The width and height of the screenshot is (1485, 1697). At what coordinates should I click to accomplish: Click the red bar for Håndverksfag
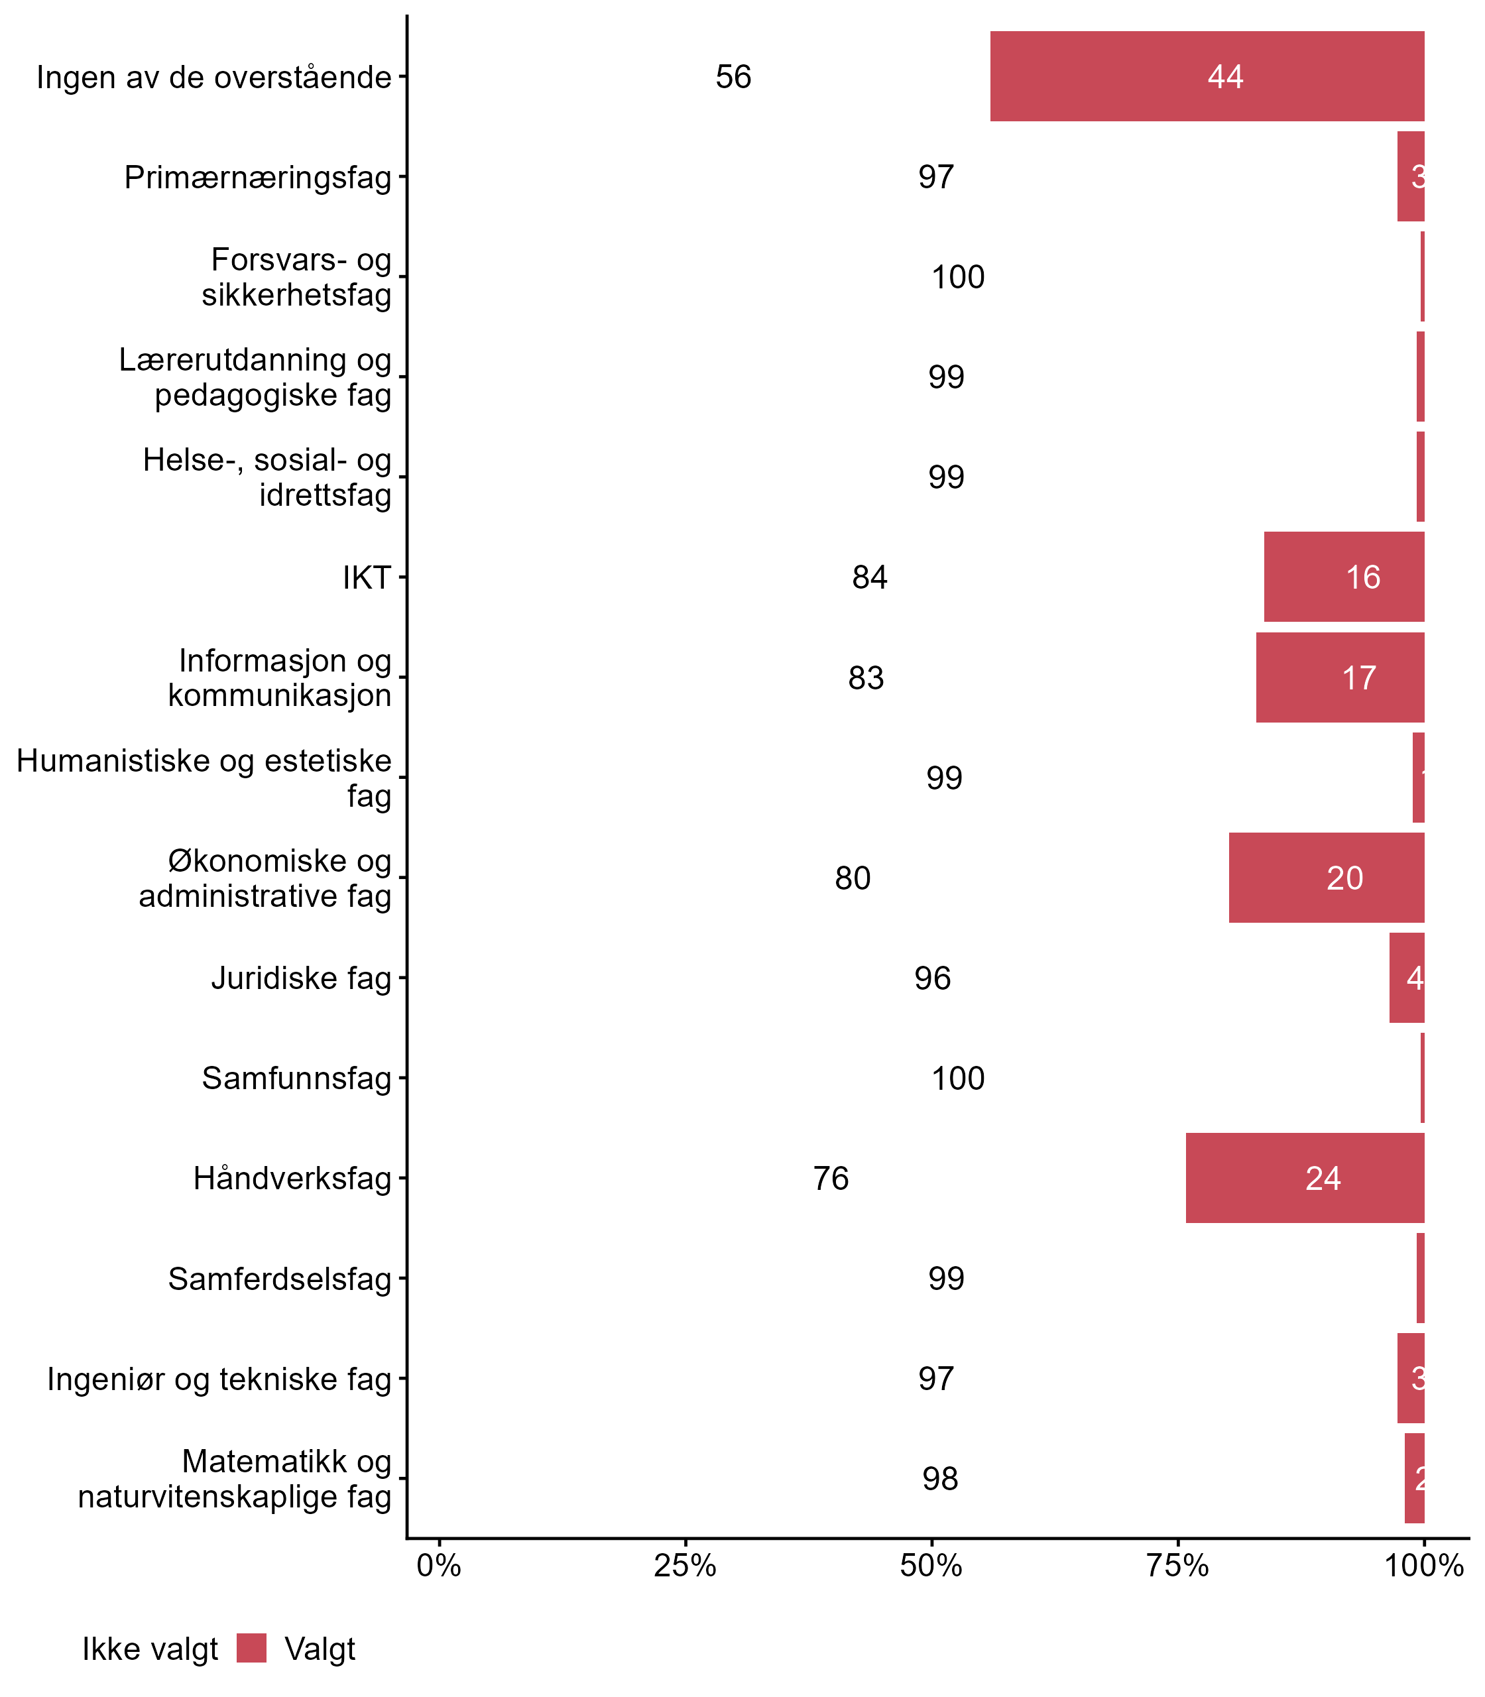coord(1305,1177)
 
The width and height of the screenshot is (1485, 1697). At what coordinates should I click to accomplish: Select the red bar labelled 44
coord(1207,76)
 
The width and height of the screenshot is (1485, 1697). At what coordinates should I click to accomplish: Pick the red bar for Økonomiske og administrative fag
coord(1326,878)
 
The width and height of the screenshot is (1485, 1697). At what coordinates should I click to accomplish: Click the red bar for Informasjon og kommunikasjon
coord(1339,677)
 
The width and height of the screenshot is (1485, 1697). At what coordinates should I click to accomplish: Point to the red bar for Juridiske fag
coord(1406,978)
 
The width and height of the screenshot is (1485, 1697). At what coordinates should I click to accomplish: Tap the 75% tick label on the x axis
coord(1177,1566)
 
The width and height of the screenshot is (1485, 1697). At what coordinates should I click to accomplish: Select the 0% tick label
coord(438,1566)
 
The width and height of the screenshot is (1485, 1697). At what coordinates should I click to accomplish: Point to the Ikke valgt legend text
coord(150,1649)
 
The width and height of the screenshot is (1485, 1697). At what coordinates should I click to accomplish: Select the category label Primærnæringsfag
coord(257,176)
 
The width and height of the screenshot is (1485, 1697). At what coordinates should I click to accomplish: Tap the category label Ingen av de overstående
coord(213,77)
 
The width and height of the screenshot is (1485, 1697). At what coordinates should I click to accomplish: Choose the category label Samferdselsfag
coord(279,1279)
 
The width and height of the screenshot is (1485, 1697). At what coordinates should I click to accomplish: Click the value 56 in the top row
coord(733,77)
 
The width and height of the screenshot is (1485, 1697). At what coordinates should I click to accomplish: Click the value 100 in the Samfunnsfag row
coord(958,1078)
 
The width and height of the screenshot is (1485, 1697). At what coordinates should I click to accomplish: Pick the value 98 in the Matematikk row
coord(940,1478)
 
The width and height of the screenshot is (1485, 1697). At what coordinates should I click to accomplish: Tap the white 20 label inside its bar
coord(1344,878)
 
